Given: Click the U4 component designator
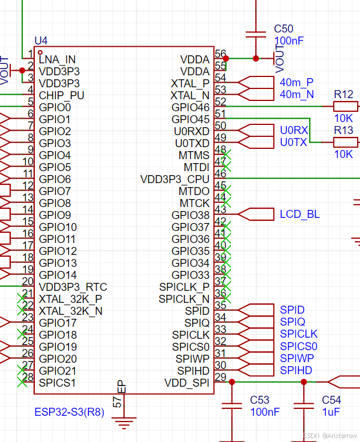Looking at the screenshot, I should pyautogui.click(x=41, y=40).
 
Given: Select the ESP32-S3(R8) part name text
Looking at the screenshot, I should pyautogui.click(x=69, y=412).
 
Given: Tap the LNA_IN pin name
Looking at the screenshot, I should pyautogui.click(x=57, y=59).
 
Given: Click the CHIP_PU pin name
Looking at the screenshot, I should pyautogui.click(x=62, y=95).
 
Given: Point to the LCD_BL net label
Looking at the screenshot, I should pyautogui.click(x=300, y=214).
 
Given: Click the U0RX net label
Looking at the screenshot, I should pyautogui.click(x=294, y=131).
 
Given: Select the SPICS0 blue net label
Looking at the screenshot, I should pyautogui.click(x=298, y=346).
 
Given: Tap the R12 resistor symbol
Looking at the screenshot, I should pyautogui.click(x=345, y=107).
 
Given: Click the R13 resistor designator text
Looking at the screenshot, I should pyautogui.click(x=343, y=131).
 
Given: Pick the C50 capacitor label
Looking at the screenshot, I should pyautogui.click(x=284, y=29).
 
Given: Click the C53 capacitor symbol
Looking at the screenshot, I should pyautogui.click(x=231, y=407).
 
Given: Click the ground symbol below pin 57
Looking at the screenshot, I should pyautogui.click(x=121, y=423).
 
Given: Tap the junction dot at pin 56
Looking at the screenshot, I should pyautogui.click(x=226, y=58).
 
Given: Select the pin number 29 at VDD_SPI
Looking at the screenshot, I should pyautogui.click(x=220, y=377).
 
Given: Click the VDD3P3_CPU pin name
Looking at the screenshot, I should pyautogui.click(x=175, y=179).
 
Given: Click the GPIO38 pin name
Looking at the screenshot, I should pyautogui.click(x=191, y=215).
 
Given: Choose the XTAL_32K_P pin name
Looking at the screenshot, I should pyautogui.click(x=71, y=298).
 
